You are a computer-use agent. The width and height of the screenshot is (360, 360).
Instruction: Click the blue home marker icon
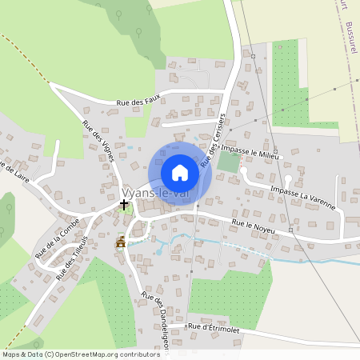point(180,173)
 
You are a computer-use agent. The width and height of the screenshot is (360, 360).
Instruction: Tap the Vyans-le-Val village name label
point(155,193)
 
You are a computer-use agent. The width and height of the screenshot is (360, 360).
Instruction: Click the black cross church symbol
point(123,205)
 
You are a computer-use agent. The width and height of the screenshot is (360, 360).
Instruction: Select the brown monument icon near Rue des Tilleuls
point(121,242)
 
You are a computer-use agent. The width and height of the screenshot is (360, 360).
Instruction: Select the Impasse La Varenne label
point(302,195)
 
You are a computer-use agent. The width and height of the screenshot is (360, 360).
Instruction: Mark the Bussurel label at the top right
point(353,35)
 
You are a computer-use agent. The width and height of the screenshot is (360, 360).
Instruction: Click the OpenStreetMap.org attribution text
point(104,354)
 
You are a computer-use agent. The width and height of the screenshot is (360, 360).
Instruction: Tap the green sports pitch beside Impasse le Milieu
point(229,162)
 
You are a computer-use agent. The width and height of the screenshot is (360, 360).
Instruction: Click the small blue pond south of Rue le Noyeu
point(158,252)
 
